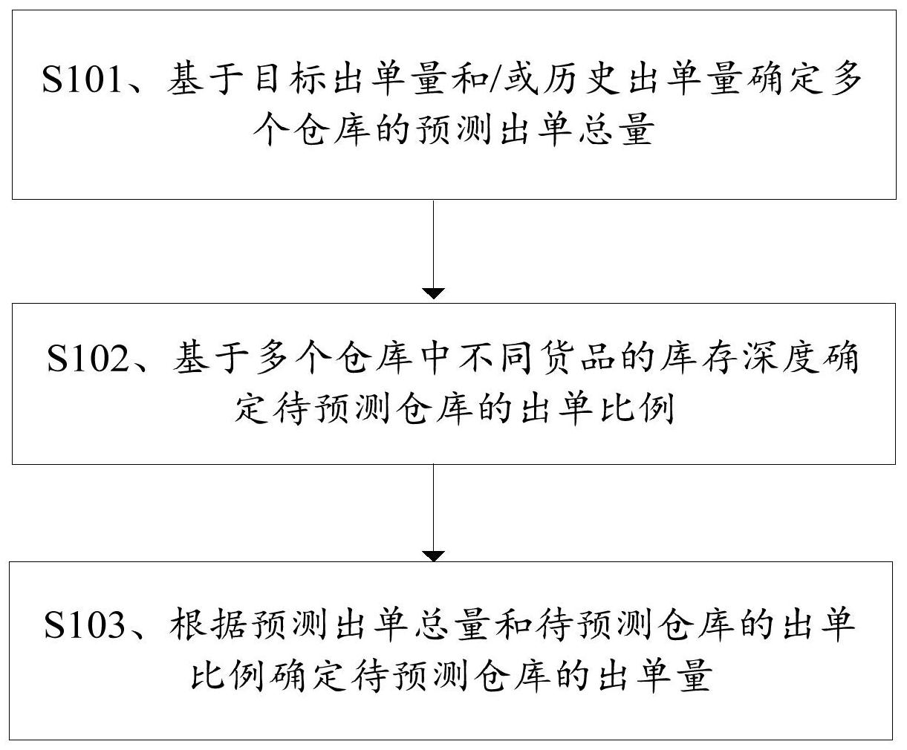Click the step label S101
[x=81, y=79]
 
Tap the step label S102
[x=88, y=359]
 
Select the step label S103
[x=85, y=625]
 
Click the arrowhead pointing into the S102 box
[x=433, y=293]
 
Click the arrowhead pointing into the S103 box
[x=433, y=556]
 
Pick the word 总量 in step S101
[x=616, y=129]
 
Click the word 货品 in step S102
[x=558, y=359]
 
